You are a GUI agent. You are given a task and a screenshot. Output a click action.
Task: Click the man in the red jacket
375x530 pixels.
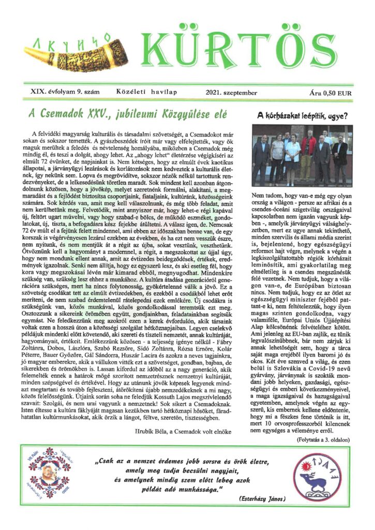pos(308,153)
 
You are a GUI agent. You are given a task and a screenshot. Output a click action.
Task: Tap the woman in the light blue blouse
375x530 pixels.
pos(293,158)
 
